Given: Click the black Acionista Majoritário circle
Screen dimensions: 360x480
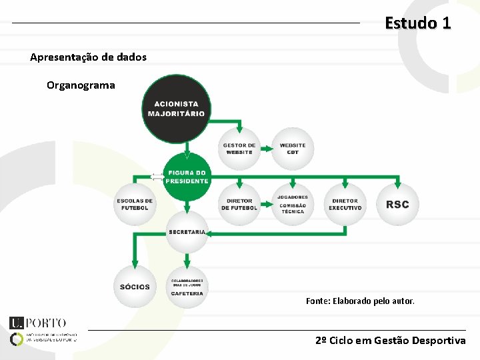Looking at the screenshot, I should tap(177, 109).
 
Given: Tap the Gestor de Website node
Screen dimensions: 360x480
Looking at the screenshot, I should tap(239, 149).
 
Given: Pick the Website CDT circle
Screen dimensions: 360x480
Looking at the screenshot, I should tap(292, 149).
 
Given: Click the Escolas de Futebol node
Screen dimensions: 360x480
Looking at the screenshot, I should tap(135, 205).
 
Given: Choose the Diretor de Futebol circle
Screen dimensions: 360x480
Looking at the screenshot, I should tap(239, 205).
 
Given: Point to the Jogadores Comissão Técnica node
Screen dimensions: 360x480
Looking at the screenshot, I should tap(292, 204).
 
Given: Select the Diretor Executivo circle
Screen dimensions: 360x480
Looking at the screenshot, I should tap(345, 205).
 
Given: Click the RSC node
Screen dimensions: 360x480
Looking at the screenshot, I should tap(397, 205).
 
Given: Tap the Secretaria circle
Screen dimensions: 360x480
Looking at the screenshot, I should tap(187, 232).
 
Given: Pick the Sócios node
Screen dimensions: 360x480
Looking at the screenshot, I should tap(135, 287).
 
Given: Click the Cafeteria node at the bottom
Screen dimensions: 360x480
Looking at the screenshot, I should tap(187, 287).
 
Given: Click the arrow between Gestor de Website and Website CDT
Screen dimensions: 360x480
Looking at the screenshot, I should tap(265, 149).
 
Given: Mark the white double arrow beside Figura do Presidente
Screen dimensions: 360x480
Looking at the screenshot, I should tap(157, 177).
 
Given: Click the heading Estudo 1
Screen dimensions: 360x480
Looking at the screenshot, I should tap(418, 23).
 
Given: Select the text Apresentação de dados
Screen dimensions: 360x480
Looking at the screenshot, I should tap(88, 57).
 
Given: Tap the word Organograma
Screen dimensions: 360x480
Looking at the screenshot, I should tap(81, 85).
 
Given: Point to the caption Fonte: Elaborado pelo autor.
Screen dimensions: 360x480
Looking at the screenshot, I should tap(360, 301).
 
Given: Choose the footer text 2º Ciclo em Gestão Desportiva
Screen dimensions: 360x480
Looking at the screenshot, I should tap(391, 341).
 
